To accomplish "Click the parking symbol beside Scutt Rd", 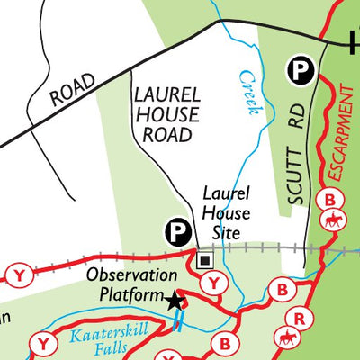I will click(299, 68).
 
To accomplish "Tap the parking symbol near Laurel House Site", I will click(178, 234).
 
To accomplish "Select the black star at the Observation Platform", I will click(175, 301).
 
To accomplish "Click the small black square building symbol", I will click(204, 261).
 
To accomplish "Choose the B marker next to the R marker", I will click(283, 291).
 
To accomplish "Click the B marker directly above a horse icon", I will click(332, 199).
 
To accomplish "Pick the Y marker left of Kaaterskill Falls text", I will click(41, 343).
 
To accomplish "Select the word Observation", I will click(131, 276).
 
